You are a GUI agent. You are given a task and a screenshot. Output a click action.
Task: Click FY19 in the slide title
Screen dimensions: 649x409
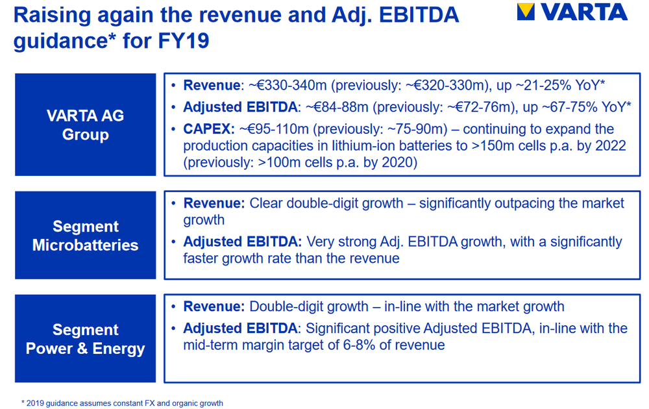pyautogui.click(x=184, y=41)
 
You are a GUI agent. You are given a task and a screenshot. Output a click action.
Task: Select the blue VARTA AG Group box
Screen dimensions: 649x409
pyautogui.click(x=86, y=125)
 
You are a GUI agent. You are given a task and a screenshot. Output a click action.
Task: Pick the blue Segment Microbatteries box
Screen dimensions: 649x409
pyautogui.click(x=86, y=235)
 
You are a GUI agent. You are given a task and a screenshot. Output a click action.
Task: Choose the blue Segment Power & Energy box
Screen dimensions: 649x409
pyautogui.click(x=86, y=339)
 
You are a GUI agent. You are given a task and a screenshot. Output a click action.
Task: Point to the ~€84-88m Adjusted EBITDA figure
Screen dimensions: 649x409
pyautogui.click(x=337, y=107)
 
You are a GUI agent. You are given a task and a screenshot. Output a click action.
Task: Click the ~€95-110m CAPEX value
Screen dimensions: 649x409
pyautogui.click(x=274, y=129)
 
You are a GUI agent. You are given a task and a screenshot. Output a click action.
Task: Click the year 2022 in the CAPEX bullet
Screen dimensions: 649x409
pyautogui.click(x=611, y=145)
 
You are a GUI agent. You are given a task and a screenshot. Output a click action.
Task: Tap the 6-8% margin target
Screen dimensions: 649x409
pyautogui.click(x=360, y=345)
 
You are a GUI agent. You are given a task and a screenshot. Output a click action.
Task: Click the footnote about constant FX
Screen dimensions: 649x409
pyautogui.click(x=122, y=403)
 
